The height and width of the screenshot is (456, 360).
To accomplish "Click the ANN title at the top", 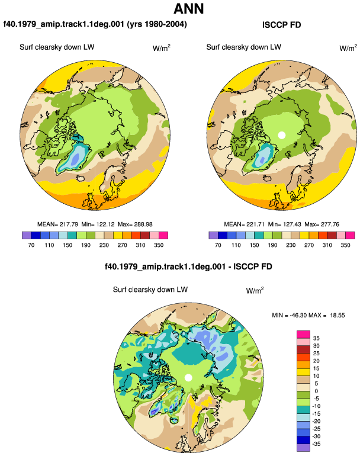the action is (x=188, y=9).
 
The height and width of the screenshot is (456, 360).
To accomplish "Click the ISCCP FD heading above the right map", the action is (x=281, y=25).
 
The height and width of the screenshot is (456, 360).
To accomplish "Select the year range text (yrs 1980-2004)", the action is (x=157, y=24).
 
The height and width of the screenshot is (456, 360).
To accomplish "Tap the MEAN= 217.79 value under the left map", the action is (x=57, y=224).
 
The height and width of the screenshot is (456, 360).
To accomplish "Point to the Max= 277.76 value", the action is (x=322, y=224).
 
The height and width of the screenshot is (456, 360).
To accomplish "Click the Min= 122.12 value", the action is (x=98, y=224).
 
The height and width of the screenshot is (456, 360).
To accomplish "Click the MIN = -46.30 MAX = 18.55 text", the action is (x=308, y=315).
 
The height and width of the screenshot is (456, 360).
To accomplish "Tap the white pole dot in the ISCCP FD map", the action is (x=281, y=135).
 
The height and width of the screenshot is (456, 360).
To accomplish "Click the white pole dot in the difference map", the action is (x=188, y=378).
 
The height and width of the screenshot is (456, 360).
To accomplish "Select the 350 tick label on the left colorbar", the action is (x=159, y=245).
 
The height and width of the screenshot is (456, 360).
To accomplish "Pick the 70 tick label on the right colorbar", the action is (x=218, y=245).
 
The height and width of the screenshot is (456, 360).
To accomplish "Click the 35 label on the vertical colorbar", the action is (x=316, y=338).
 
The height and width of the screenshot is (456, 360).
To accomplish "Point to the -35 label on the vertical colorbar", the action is (x=316, y=444).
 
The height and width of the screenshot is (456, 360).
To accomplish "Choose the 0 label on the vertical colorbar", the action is (x=316, y=391).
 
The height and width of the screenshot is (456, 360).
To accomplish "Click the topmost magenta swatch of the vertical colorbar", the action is (x=303, y=335).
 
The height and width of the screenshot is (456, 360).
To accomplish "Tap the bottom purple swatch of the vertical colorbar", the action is (x=303, y=448).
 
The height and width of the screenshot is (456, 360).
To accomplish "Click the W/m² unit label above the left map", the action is (x=162, y=48).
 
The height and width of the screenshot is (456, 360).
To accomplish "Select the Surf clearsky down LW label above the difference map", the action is (x=150, y=290).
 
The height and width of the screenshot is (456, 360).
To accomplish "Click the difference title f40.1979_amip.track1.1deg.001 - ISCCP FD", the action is (x=188, y=266).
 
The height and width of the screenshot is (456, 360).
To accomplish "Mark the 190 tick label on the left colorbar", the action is (x=86, y=245).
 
